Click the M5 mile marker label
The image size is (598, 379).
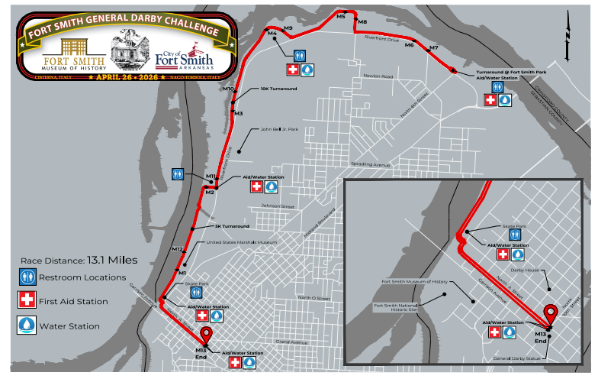[340, 15]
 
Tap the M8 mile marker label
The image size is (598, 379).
[362, 22]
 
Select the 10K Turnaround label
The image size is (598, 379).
[278, 89]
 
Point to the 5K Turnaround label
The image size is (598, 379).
[232, 227]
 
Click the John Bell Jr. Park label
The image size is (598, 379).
[279, 130]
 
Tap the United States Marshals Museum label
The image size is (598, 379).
[241, 243]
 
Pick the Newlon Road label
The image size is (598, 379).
[378, 76]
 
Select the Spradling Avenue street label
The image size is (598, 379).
[370, 164]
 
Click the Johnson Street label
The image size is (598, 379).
[278, 206]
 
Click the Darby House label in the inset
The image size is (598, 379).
[524, 270]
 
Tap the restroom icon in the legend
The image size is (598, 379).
[27, 277]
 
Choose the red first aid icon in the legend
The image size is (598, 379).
[27, 301]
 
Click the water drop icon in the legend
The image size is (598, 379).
[27, 326]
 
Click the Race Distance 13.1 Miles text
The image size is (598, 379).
[79, 260]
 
